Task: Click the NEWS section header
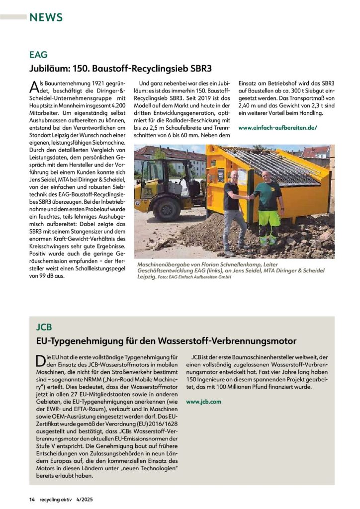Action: [46, 17]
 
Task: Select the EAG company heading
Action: [39, 55]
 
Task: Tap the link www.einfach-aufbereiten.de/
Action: [278, 128]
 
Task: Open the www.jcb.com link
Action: [203, 401]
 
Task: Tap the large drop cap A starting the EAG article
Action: [35, 86]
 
